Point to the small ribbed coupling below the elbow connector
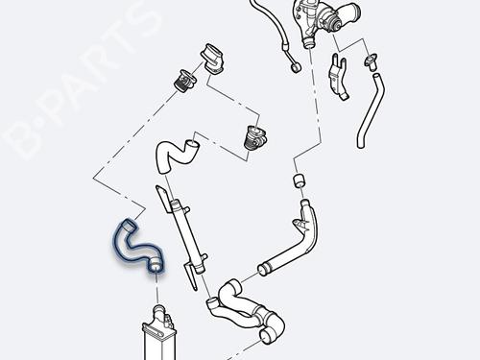(x=184, y=81)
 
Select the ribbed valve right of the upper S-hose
(x=255, y=136)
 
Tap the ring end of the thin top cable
(x=295, y=68)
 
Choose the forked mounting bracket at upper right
(x=337, y=77)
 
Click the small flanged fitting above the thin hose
(x=371, y=61)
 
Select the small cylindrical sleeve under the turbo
(x=299, y=180)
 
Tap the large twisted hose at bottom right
(x=247, y=310)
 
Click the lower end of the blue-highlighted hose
(x=156, y=265)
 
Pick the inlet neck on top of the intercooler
(x=158, y=311)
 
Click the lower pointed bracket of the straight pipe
(x=191, y=276)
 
